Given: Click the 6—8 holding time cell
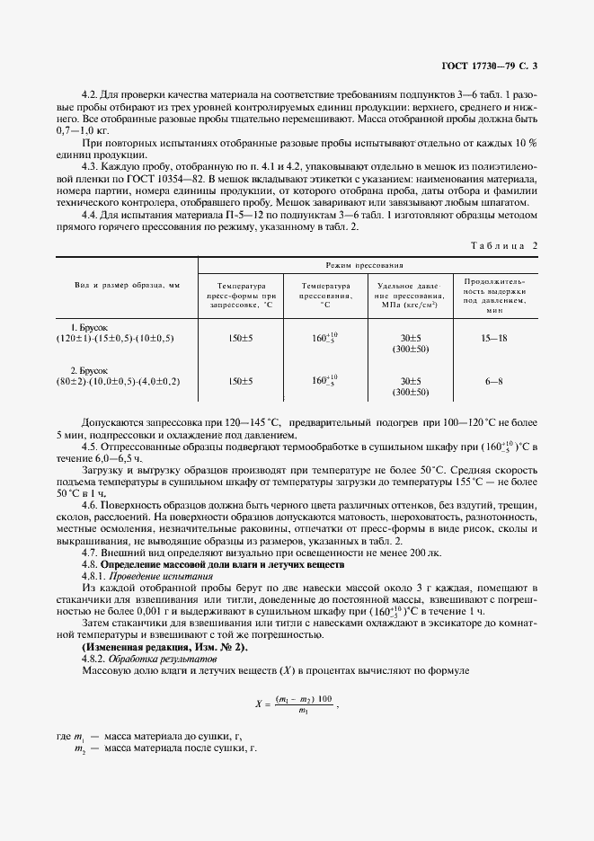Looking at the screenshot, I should (x=494, y=381).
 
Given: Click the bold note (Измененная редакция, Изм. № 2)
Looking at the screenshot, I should (x=164, y=648).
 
